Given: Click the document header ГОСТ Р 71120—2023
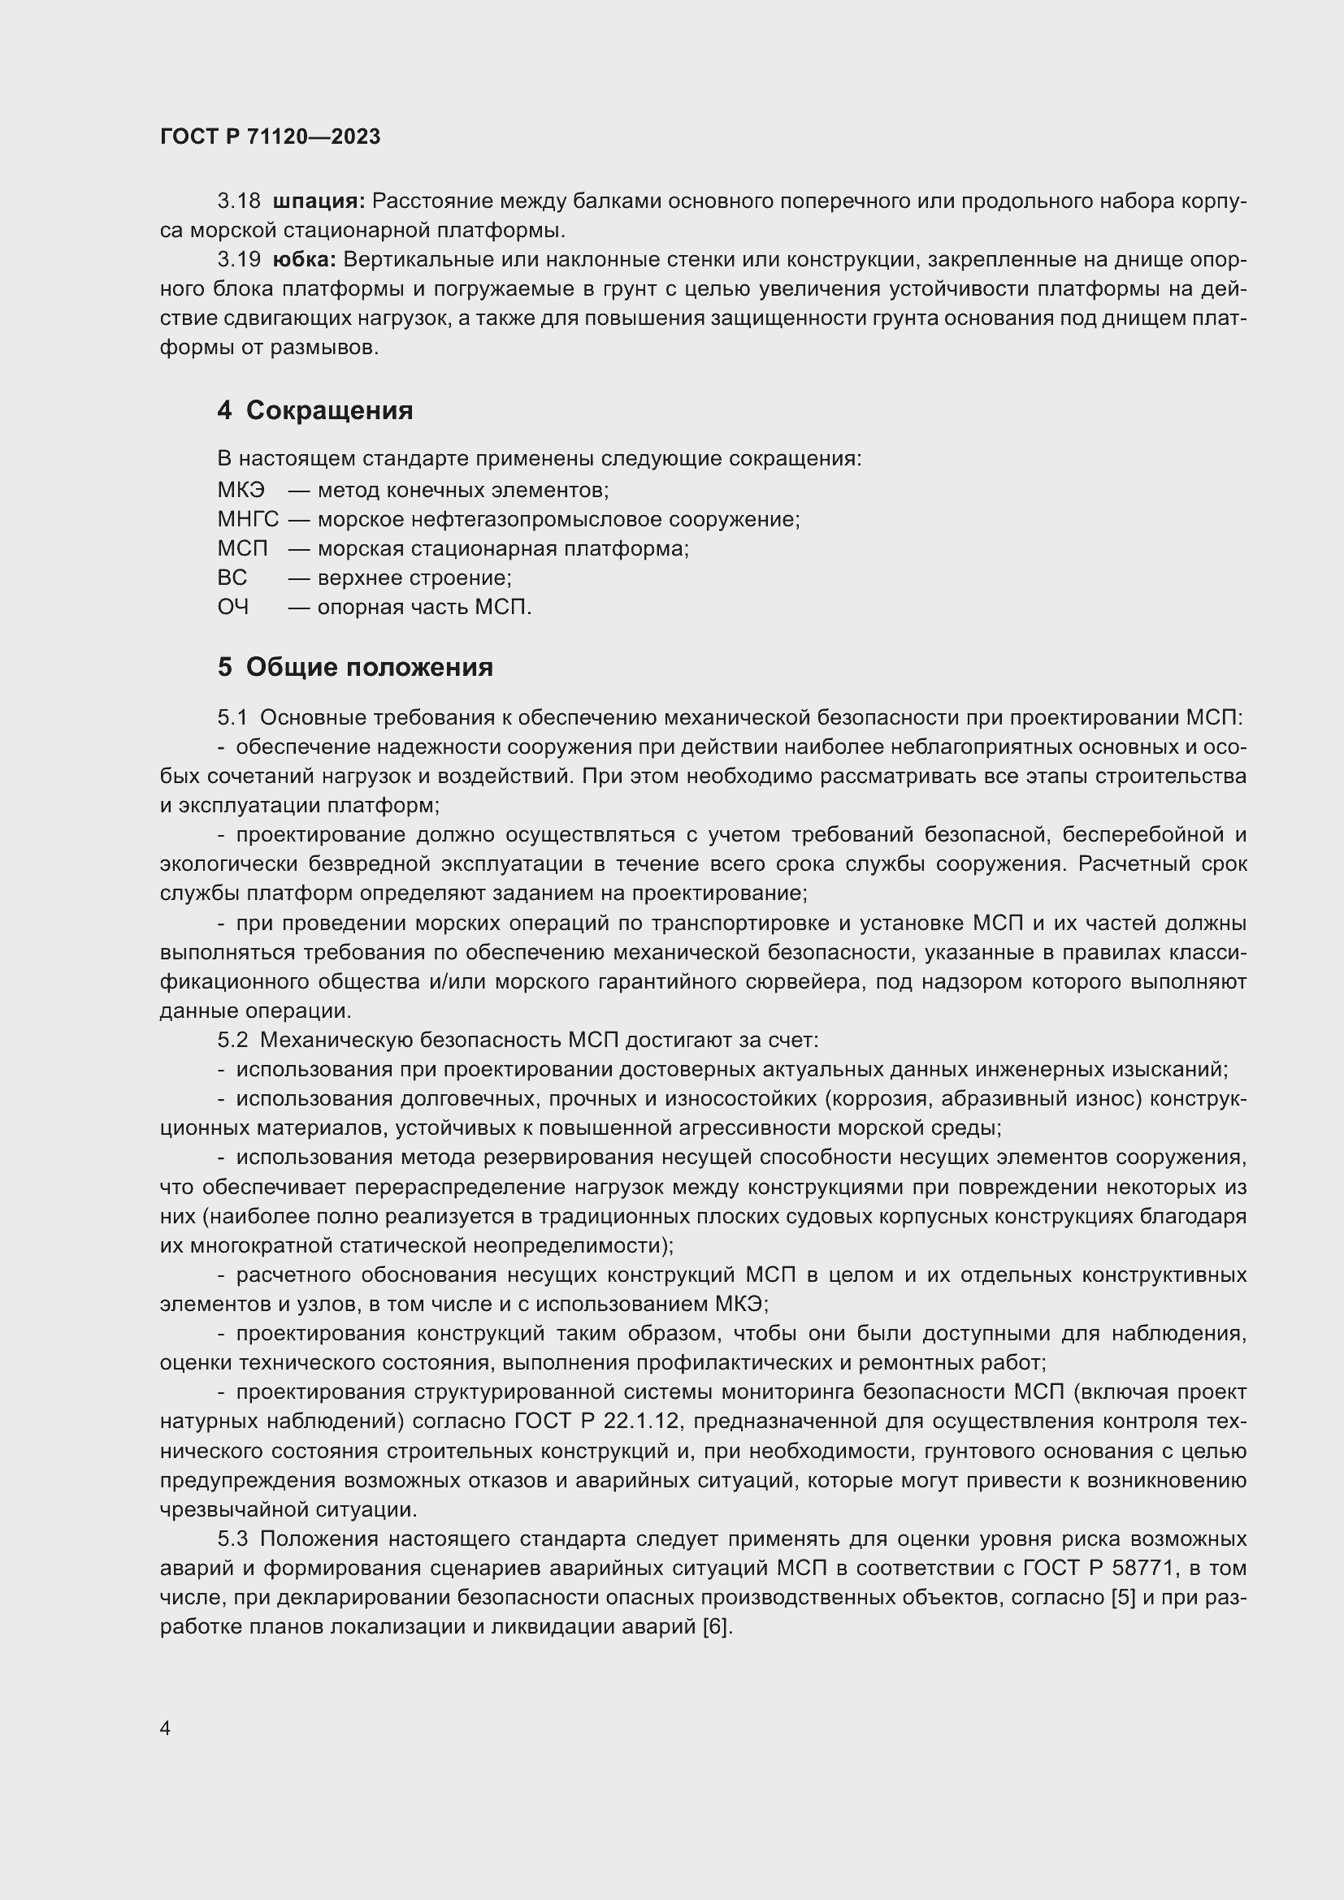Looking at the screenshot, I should [x=270, y=136].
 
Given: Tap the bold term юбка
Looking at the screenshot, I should [x=304, y=260].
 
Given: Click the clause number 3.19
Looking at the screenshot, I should [x=238, y=260].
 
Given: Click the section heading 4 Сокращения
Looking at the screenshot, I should [x=315, y=410].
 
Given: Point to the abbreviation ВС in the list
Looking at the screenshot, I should [x=232, y=578].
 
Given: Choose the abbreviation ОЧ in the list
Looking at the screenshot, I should [x=232, y=608].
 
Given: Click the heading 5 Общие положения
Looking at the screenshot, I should [x=355, y=667].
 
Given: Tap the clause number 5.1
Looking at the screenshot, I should [x=232, y=717].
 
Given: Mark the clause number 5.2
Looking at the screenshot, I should [x=232, y=1040].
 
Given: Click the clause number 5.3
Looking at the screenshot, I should [x=232, y=1539].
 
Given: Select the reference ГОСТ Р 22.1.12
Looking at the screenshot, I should [x=596, y=1421].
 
